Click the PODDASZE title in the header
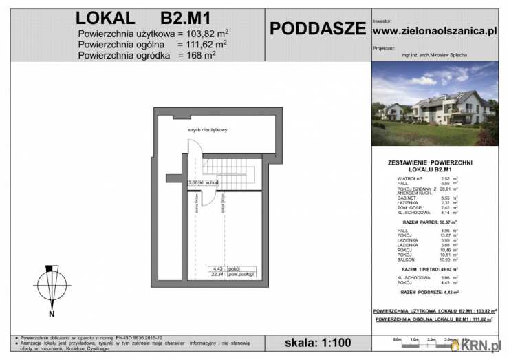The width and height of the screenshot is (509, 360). click(317, 29)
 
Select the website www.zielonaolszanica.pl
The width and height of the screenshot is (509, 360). click(434, 30)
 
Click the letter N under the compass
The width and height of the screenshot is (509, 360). click(52, 315)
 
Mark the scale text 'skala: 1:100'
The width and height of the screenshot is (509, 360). click(317, 342)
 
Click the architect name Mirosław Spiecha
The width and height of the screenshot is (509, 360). click(434, 55)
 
